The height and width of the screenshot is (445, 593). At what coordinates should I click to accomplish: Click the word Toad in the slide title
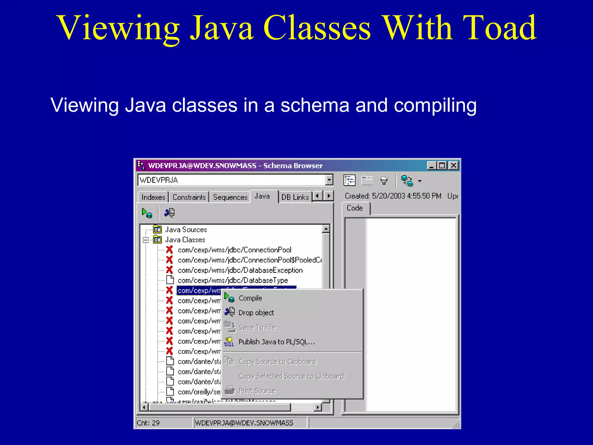point(500,28)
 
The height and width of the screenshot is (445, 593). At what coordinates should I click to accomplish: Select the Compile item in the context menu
point(250,298)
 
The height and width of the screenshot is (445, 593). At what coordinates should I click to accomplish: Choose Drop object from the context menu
point(256,313)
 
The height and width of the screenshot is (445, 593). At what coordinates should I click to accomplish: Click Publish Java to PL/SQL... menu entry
point(276,342)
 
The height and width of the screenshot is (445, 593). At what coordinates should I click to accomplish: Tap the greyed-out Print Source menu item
point(257,391)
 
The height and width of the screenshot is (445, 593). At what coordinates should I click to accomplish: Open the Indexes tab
point(153,197)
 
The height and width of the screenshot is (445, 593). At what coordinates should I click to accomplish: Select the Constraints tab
point(189,197)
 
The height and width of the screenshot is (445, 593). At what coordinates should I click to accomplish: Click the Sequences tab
point(230,197)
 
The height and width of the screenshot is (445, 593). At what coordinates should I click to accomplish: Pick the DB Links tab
point(295,197)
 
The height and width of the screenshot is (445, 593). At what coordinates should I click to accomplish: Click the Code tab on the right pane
point(355,208)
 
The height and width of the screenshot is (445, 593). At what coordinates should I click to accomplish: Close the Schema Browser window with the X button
point(453,165)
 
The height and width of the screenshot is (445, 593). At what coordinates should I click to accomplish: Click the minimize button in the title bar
point(431,165)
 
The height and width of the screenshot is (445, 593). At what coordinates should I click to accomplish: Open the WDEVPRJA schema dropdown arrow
point(329,180)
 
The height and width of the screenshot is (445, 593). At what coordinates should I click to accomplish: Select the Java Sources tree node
point(186,230)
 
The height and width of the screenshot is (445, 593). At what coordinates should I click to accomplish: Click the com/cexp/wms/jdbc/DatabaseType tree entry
point(233,280)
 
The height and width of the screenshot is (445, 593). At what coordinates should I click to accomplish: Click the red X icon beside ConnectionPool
point(169,250)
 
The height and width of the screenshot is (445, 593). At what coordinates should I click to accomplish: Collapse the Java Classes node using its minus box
point(146,240)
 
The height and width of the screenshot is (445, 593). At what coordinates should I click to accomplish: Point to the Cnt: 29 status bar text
point(148,423)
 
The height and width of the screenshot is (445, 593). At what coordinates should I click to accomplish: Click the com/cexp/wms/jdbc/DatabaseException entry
point(240,270)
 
